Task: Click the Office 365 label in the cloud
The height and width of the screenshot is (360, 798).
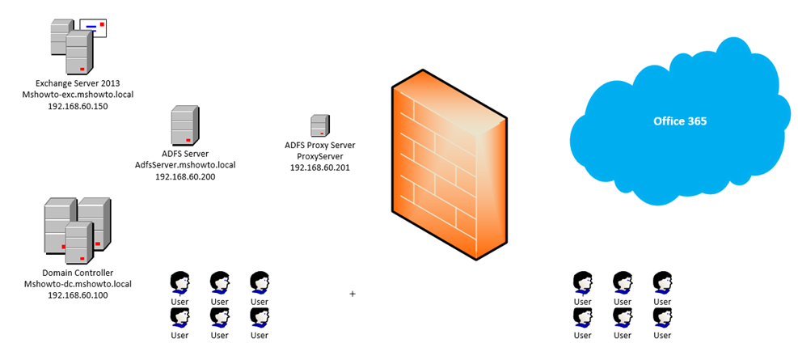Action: (x=680, y=121)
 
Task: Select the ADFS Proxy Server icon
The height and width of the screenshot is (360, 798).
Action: (x=319, y=126)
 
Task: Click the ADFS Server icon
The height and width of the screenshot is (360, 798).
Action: (x=183, y=127)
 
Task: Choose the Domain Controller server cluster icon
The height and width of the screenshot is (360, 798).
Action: (x=77, y=230)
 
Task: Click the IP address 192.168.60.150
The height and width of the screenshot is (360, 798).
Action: (x=78, y=106)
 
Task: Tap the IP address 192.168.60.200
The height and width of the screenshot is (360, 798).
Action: (x=185, y=176)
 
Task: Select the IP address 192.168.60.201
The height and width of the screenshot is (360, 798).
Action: (x=320, y=167)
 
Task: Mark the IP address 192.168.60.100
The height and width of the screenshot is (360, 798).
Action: (x=78, y=295)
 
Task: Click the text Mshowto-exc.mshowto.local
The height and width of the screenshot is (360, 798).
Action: (x=78, y=95)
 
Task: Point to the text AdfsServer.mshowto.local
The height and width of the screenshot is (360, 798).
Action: (x=185, y=165)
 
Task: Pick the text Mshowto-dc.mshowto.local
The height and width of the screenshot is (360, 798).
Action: (x=78, y=284)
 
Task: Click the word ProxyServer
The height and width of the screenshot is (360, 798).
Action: (x=320, y=156)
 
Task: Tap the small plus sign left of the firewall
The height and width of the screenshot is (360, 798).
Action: (x=353, y=294)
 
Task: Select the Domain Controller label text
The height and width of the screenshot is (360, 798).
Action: (x=78, y=273)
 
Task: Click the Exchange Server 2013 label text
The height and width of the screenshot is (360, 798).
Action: (x=78, y=83)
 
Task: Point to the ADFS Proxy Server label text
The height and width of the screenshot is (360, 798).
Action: (x=320, y=146)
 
